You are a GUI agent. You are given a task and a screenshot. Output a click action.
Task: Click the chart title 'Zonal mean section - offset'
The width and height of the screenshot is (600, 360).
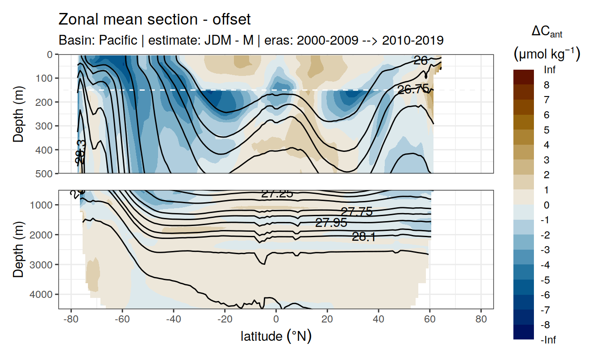click(x=154, y=20)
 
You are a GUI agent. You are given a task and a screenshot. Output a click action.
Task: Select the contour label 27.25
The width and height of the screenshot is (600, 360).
click(x=277, y=193)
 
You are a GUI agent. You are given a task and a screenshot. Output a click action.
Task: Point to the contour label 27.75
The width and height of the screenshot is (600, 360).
click(x=356, y=212)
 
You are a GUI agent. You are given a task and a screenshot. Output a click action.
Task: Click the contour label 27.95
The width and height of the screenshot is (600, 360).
click(x=331, y=222)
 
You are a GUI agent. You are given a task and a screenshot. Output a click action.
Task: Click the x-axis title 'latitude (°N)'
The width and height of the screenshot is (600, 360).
click(x=276, y=336)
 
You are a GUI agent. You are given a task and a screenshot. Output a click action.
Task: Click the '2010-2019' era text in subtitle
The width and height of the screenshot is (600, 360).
click(x=416, y=40)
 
